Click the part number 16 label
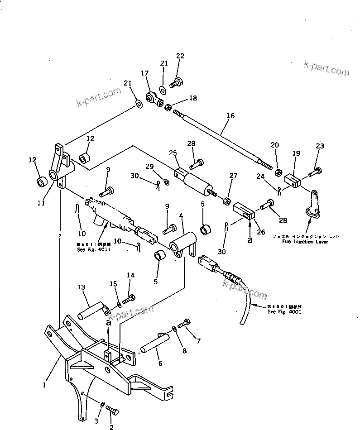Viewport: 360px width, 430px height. [230, 116]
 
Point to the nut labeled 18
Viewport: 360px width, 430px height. [167, 108]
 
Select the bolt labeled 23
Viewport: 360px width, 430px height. [316, 172]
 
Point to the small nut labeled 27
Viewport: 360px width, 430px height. [226, 201]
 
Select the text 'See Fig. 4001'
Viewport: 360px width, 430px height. [284, 312]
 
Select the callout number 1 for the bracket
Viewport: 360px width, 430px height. [44, 385]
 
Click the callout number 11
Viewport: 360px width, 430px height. [41, 203]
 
